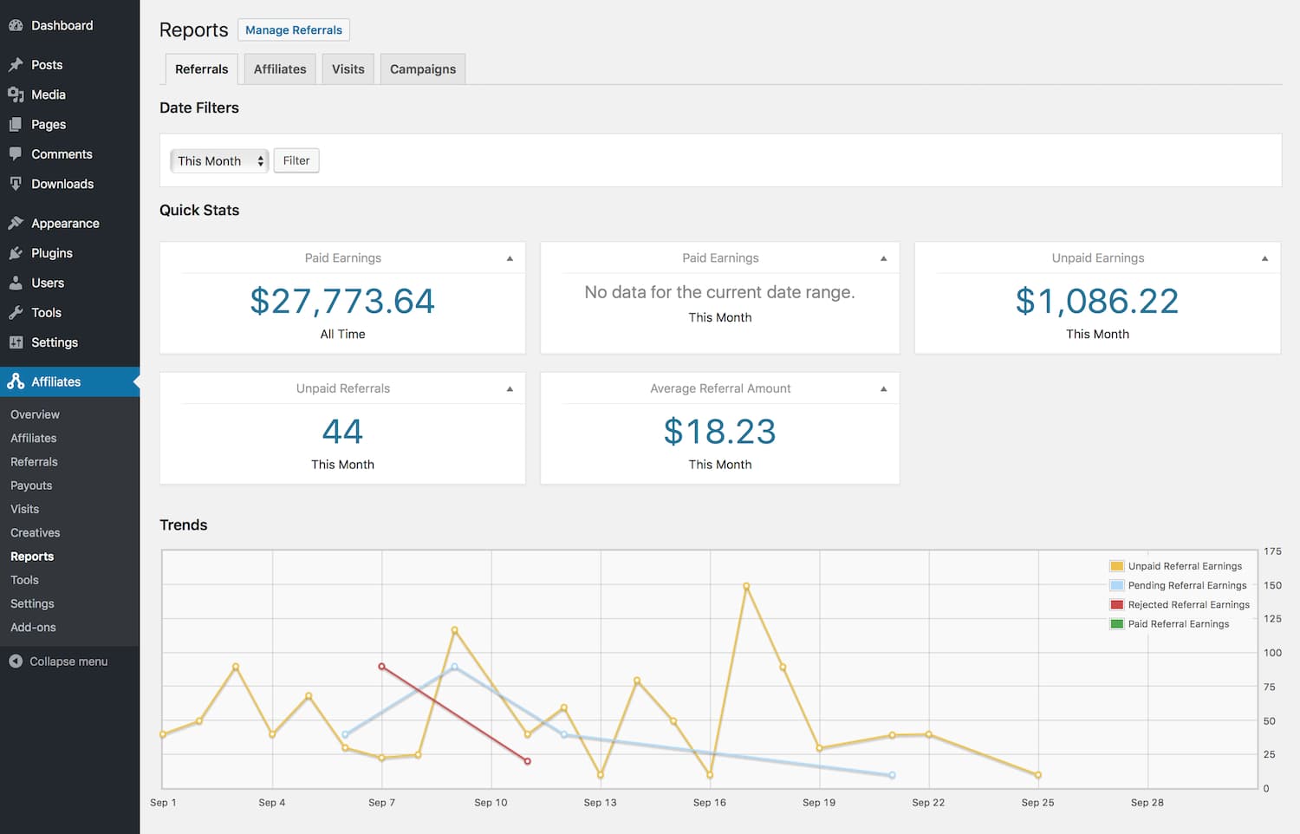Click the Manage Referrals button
coord(293,30)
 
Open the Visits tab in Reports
coord(348,69)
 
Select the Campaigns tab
coord(422,69)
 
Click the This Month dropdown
coord(219,161)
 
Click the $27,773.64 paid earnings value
coord(342,302)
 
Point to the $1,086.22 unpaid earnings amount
coord(1096,302)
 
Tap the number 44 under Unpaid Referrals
coord(342,432)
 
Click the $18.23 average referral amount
coord(719,432)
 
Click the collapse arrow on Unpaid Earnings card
coord(1264,258)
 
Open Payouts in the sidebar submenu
coord(31,485)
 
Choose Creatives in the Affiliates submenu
coord(36,533)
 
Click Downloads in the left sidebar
coord(62,185)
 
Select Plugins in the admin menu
coord(52,253)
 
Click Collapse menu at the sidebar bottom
coord(68,661)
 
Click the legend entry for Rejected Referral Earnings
coord(1188,605)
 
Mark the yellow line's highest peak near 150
coord(746,587)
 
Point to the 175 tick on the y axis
coord(1272,551)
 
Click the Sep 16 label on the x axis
coord(709,803)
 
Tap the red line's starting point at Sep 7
coord(381,667)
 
